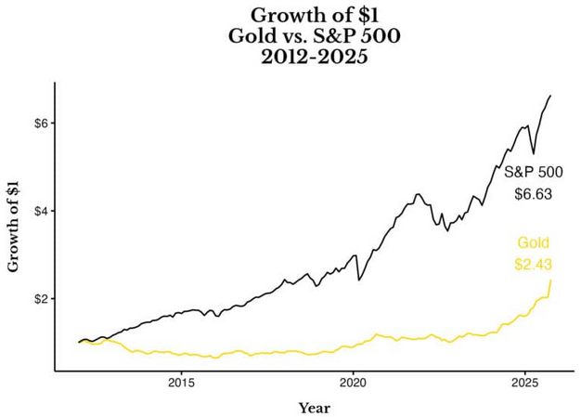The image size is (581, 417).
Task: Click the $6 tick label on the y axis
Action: coord(40,124)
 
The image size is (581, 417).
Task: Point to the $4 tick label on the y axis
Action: coord(40,211)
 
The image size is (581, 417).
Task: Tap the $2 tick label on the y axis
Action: coord(40,299)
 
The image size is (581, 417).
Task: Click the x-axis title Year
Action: coord(314,408)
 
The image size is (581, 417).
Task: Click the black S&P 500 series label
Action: coord(533,172)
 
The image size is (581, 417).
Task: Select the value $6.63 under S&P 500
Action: coord(533,194)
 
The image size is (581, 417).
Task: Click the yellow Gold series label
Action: coord(533,242)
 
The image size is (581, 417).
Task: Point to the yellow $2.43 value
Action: coord(533,265)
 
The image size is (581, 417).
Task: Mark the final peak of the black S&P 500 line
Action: coord(550,96)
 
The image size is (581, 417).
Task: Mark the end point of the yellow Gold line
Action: coord(551,280)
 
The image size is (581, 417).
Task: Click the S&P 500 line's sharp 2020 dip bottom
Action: coord(359,280)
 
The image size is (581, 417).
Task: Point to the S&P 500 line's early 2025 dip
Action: coord(533,153)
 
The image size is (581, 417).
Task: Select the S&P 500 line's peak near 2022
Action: coord(419,194)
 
